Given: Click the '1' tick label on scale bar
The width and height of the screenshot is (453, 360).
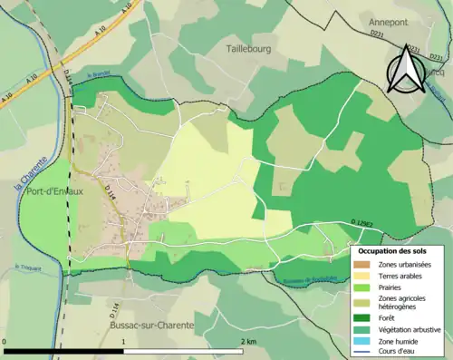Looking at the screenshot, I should [123, 340].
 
